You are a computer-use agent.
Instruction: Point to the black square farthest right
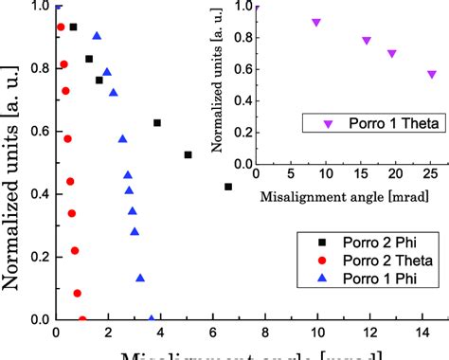(228, 187)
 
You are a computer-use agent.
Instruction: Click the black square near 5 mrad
(188, 154)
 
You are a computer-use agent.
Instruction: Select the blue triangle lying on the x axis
(152, 319)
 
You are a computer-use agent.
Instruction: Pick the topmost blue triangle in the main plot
(97, 36)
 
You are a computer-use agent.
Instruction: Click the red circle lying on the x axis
(82, 319)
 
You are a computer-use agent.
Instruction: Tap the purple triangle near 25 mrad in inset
(432, 74)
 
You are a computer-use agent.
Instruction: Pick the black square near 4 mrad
(157, 123)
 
